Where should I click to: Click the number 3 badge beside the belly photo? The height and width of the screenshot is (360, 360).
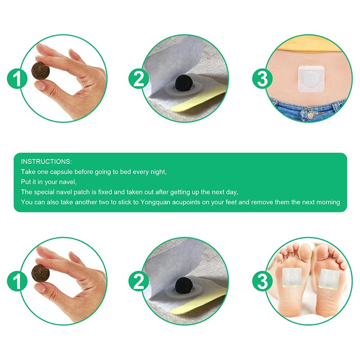pos(262,80)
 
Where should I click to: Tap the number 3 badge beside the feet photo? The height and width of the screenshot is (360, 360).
pos(262,282)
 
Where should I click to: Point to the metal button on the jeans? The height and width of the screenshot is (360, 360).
pos(310,115)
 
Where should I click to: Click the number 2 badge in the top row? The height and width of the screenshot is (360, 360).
pos(139,80)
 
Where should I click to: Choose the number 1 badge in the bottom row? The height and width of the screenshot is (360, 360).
pos(17,282)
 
